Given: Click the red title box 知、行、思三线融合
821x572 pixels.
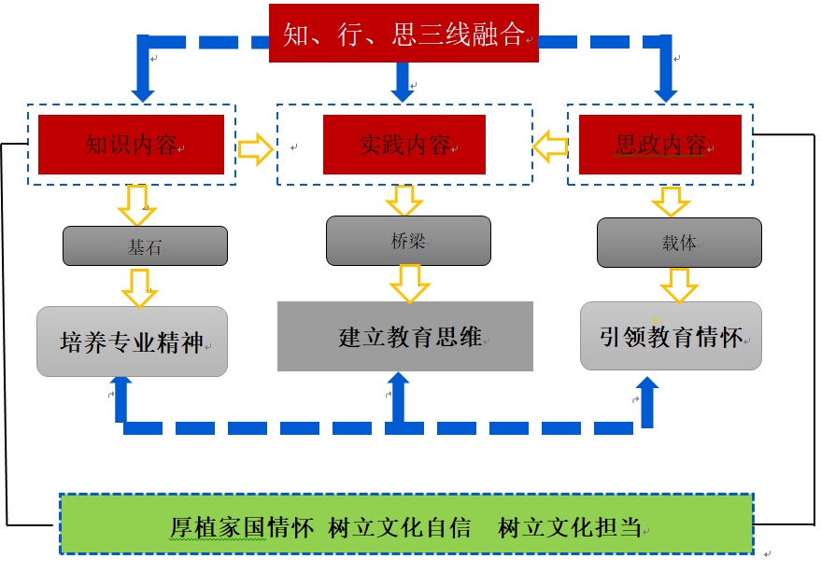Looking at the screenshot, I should [403, 34].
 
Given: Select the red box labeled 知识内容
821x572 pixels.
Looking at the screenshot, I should [131, 145].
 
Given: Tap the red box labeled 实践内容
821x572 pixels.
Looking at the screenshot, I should [403, 145].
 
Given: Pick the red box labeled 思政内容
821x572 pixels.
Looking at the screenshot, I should [659, 145].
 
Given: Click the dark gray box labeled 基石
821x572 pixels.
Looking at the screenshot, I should [145, 246].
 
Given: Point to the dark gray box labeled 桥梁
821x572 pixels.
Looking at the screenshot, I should [408, 241].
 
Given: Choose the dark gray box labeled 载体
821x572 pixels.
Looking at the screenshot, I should [679, 243].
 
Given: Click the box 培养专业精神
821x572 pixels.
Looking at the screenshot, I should [132, 342].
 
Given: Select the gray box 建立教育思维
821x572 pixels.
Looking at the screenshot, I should [404, 336].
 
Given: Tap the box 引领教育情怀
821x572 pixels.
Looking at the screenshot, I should [671, 336].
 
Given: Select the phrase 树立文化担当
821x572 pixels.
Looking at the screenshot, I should [570, 527].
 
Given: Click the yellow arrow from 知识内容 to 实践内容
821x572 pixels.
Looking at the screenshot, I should [255, 148].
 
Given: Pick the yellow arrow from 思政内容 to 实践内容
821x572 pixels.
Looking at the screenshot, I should [551, 145].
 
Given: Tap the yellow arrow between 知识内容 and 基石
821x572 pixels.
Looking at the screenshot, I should [137, 204].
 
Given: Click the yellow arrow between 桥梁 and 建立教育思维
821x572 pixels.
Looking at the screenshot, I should [409, 283].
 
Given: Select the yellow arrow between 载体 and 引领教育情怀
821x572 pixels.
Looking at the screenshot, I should [679, 285].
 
